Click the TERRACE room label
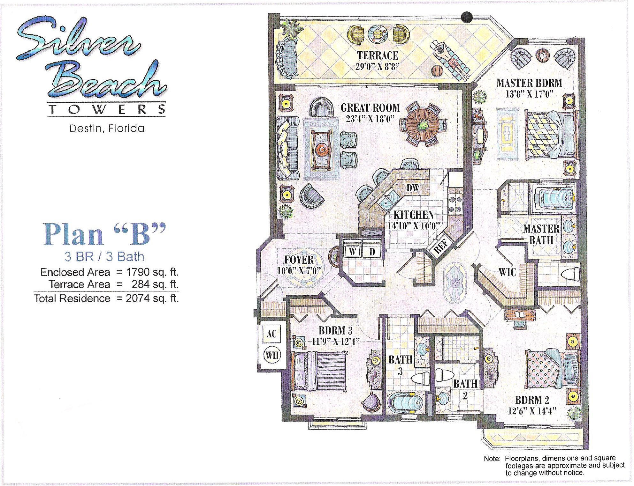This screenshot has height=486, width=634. (378, 55)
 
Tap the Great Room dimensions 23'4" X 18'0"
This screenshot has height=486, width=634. (370, 119)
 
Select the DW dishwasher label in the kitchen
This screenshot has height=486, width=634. (413, 188)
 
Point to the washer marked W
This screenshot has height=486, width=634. (353, 251)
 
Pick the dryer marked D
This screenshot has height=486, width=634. (372, 251)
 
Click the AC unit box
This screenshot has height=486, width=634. (271, 334)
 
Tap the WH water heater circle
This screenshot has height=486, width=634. (272, 355)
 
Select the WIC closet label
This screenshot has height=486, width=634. (507, 272)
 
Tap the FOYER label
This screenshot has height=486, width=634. (299, 260)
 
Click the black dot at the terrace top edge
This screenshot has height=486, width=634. (467, 17)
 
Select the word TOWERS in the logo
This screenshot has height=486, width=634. (106, 110)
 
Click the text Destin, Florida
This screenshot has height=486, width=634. (107, 129)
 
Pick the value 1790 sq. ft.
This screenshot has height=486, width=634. (152, 272)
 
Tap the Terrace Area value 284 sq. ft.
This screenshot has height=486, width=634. (155, 284)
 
